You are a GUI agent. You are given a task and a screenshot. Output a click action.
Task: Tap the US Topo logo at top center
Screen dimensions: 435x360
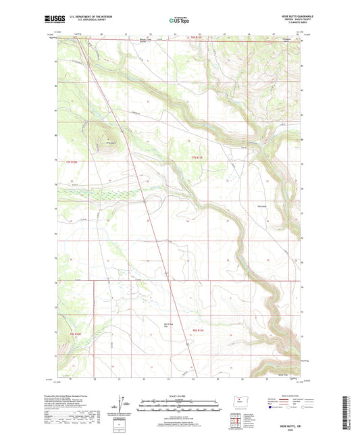(x=179, y=20)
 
